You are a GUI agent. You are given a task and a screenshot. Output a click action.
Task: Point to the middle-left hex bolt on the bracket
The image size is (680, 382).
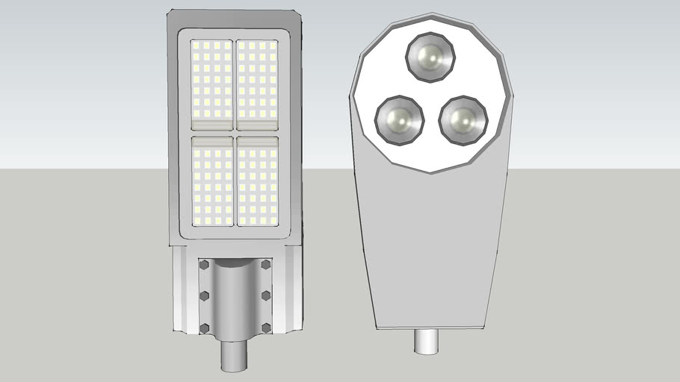(x=204, y=296)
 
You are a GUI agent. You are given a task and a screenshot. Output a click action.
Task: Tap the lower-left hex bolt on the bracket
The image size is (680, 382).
(x=204, y=328)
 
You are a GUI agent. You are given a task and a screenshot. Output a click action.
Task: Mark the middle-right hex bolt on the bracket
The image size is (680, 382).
(x=266, y=296)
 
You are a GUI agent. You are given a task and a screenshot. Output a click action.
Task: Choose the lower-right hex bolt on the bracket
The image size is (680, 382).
(x=266, y=328)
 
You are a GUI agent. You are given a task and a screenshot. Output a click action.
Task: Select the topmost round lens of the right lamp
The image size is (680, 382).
(x=430, y=57)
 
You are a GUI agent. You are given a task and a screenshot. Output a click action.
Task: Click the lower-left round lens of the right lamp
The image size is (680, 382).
(x=398, y=120)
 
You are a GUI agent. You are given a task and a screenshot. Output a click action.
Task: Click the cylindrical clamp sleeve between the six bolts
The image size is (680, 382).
(x=235, y=298)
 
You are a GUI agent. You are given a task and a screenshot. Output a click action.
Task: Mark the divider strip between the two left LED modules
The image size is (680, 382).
(x=212, y=133)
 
